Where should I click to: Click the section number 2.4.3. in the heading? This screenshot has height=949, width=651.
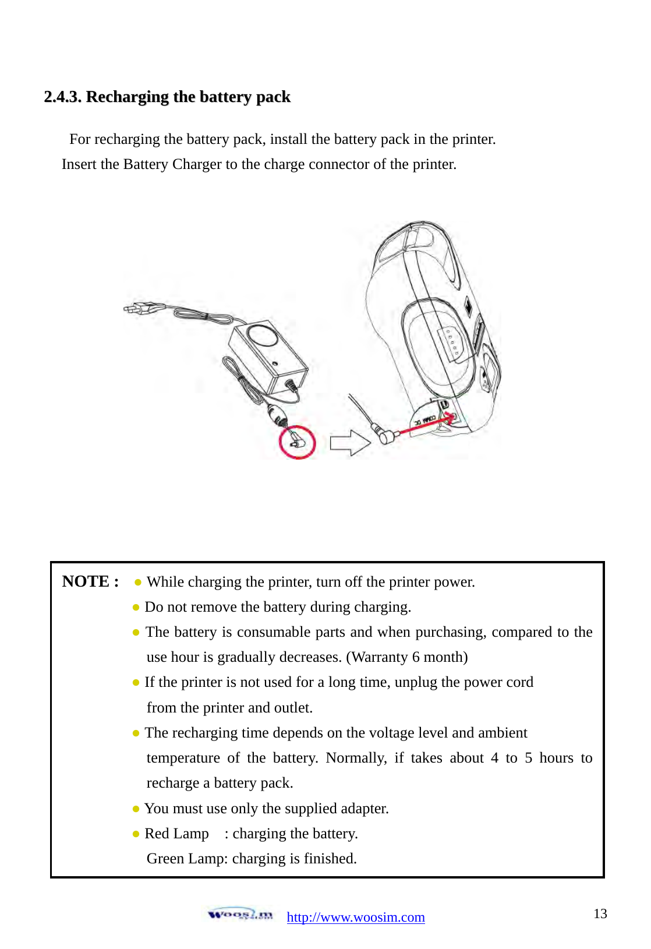click(x=62, y=97)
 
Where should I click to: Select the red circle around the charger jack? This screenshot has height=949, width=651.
click(x=297, y=443)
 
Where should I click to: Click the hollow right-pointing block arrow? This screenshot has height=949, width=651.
click(x=350, y=443)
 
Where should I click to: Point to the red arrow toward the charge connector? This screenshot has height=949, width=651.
click(x=425, y=424)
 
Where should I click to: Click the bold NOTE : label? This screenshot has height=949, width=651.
click(x=90, y=581)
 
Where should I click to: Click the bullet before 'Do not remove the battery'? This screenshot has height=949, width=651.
click(x=136, y=607)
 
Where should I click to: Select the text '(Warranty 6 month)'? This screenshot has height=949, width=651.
click(x=406, y=657)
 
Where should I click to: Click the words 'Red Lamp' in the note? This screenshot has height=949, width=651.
click(x=176, y=834)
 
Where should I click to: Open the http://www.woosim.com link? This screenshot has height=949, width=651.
click(x=355, y=918)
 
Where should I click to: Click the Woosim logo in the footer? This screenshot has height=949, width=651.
click(x=240, y=914)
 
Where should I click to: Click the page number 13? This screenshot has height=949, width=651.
click(x=600, y=913)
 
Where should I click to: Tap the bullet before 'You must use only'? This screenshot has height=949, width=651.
click(x=136, y=809)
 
